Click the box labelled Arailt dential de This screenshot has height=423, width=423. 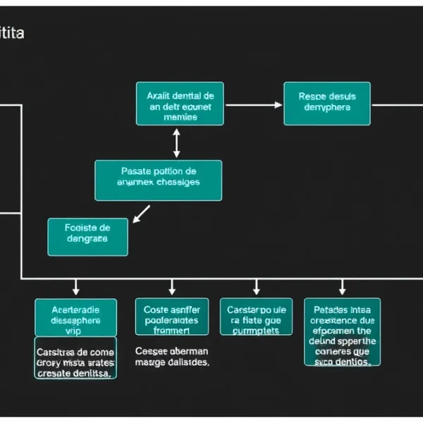pos(180,104)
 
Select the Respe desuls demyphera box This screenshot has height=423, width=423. pos(327,104)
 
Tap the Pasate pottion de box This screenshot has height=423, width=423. pos(158,180)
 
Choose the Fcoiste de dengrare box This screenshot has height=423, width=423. pos(87,236)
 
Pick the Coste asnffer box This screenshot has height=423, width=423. pos(172,317)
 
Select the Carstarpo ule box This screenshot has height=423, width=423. pos(256,317)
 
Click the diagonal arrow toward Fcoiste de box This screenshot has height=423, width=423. pos(142,214)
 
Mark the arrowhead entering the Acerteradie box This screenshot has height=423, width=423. pos(76,290)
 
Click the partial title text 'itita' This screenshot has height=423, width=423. pos(12,33)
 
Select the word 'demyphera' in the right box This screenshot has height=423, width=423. pos(327,108)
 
